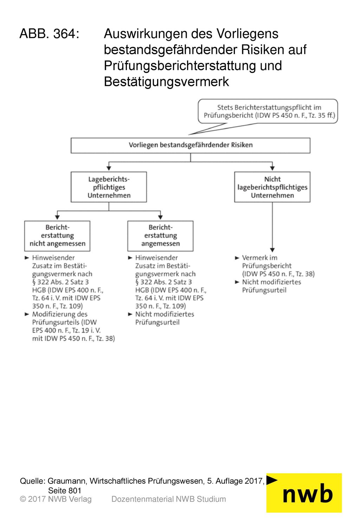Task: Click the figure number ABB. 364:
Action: tap(50, 34)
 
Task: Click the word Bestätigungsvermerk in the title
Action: tap(166, 82)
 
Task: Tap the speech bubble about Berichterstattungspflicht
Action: tap(268, 111)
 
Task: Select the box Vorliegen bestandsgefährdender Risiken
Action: tap(190, 146)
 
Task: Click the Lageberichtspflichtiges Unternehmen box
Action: tap(109, 187)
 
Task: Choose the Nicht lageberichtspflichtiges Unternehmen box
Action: tap(272, 187)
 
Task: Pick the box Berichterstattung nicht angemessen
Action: tap(57, 236)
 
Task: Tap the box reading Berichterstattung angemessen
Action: tap(160, 236)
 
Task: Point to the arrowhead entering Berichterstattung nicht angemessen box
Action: tap(57, 217)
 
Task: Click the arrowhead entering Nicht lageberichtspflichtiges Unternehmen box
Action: tap(272, 168)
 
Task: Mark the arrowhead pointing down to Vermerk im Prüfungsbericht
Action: tap(272, 250)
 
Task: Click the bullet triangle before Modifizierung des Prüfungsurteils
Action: tap(27, 314)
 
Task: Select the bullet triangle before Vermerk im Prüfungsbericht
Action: tap(237, 258)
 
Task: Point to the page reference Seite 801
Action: tap(65, 490)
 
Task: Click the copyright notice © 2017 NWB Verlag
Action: tap(56, 499)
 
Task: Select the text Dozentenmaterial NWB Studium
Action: tap(169, 499)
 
